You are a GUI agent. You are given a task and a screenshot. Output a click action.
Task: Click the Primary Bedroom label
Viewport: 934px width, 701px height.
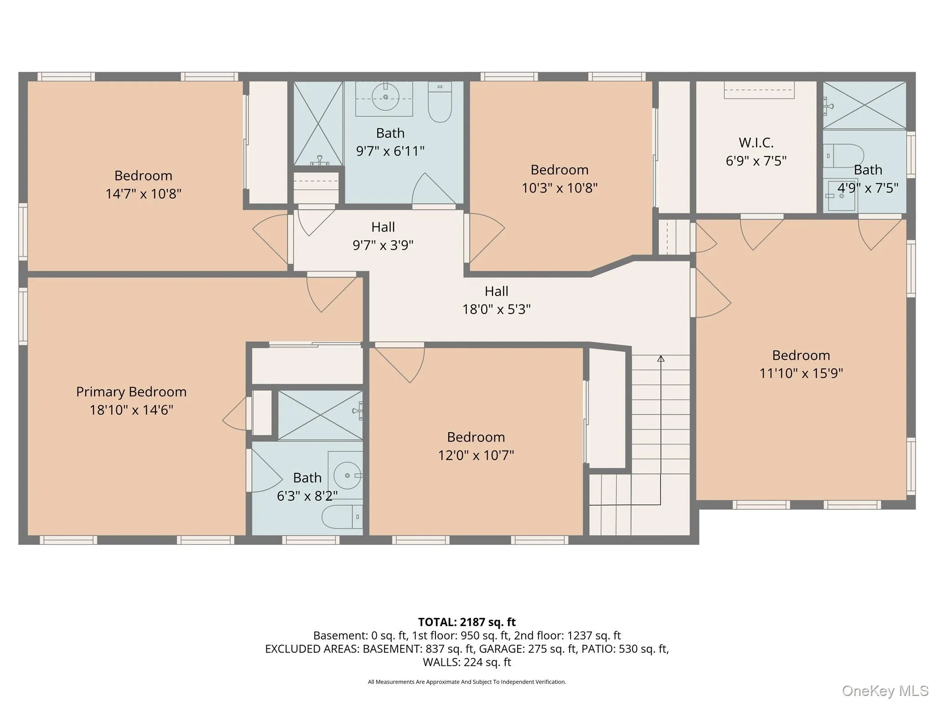pyautogui.click(x=131, y=392)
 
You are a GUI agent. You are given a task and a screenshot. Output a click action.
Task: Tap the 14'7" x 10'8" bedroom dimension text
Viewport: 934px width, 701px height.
pyautogui.click(x=143, y=194)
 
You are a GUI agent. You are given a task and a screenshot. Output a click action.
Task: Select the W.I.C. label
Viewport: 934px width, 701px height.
pyautogui.click(x=756, y=142)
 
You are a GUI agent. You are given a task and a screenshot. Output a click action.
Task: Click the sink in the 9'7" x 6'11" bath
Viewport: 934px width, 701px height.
pyautogui.click(x=385, y=96)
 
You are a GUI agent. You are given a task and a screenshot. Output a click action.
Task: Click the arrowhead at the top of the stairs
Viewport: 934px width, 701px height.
pyautogui.click(x=660, y=359)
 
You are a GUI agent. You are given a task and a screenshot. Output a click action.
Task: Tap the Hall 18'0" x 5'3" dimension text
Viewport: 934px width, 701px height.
pyautogui.click(x=496, y=309)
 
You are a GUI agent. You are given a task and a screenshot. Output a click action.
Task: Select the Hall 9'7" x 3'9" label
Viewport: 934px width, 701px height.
pyautogui.click(x=383, y=227)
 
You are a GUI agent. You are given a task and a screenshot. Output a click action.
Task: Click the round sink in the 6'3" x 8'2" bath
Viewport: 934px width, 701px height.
pyautogui.click(x=347, y=475)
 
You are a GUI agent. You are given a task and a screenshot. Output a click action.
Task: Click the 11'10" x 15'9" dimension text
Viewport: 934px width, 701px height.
pyautogui.click(x=801, y=373)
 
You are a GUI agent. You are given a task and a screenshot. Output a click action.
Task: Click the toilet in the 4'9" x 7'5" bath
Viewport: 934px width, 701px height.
pyautogui.click(x=844, y=155)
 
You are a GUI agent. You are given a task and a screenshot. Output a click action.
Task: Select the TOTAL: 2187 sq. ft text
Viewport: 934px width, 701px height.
pyautogui.click(x=467, y=622)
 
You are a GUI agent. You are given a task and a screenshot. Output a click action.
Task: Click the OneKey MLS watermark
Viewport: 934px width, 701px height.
pyautogui.click(x=885, y=691)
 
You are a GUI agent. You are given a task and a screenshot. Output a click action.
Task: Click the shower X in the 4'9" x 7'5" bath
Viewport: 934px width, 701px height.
pyautogui.click(x=864, y=105)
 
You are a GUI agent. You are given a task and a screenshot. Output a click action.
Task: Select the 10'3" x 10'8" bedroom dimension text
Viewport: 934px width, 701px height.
pyautogui.click(x=560, y=188)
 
